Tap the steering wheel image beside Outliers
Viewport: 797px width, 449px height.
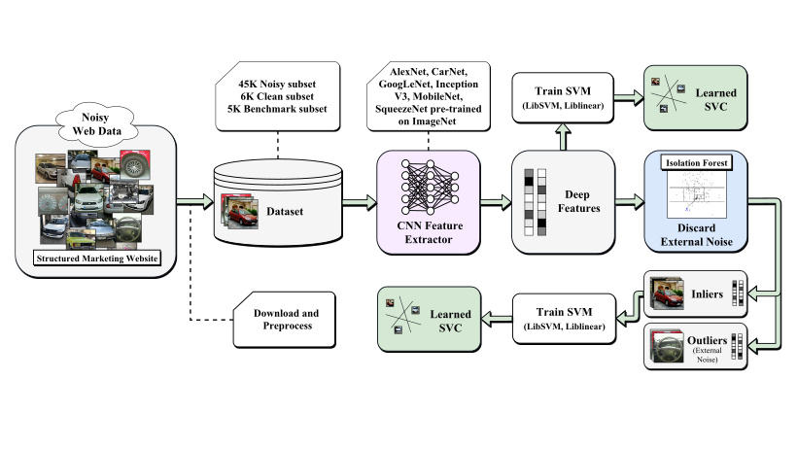(670, 347)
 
